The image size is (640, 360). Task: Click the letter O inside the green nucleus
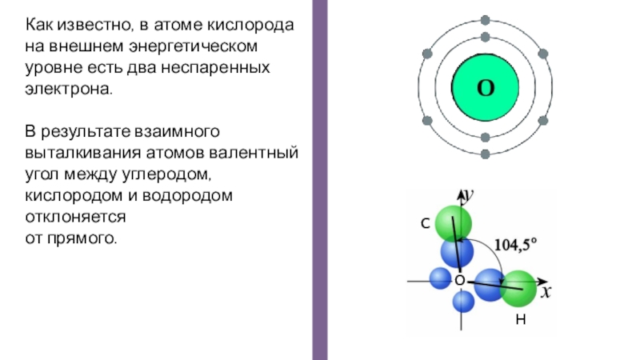tap(485, 88)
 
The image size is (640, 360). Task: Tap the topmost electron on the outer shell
tap(485, 19)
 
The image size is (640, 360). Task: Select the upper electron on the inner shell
tap(485, 37)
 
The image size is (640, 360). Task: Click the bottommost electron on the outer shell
tap(485, 155)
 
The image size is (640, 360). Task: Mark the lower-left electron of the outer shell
tap(426, 121)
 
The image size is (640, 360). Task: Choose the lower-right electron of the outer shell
tap(543, 121)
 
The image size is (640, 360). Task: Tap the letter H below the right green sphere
tap(520, 320)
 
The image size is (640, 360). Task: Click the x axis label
tap(546, 293)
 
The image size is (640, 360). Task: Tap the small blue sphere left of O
tap(440, 278)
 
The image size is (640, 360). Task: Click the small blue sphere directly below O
tap(463, 302)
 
